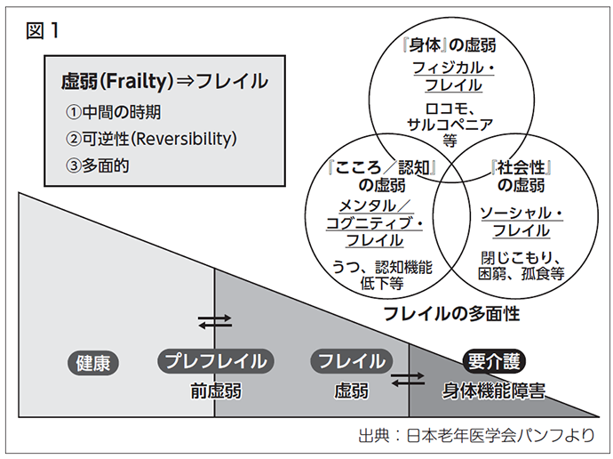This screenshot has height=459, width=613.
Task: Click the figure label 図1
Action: pos(43,30)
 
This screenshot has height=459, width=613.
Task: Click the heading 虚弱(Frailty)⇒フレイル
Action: pos(164,81)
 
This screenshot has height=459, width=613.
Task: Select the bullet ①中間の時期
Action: pos(114,112)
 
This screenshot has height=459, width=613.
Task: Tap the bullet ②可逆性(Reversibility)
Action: pos(151,139)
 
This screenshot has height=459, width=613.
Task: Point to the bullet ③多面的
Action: pos(98,165)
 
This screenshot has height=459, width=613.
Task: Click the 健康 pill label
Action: pos(93,363)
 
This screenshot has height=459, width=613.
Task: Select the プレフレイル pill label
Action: pos(216,361)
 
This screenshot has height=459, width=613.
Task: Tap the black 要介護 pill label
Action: pos(494,361)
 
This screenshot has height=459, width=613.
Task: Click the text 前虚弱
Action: pos(216,391)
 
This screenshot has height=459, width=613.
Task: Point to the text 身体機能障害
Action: pos(494,391)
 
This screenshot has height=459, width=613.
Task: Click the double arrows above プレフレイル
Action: pos(215,322)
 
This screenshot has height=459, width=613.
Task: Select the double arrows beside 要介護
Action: pos(408,380)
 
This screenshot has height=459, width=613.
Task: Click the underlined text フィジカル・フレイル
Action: pos(453,76)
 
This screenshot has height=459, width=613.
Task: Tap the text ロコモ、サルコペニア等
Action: pos(450,125)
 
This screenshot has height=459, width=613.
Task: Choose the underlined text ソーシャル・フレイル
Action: pos(521,221)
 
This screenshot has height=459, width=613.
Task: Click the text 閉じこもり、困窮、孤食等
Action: pos(521,266)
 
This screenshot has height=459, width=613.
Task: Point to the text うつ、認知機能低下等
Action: pos(382,275)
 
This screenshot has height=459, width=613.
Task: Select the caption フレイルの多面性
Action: pos(451,314)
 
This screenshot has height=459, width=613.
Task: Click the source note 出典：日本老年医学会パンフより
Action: pos(476,435)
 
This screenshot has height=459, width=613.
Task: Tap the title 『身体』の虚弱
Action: pos(450,45)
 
